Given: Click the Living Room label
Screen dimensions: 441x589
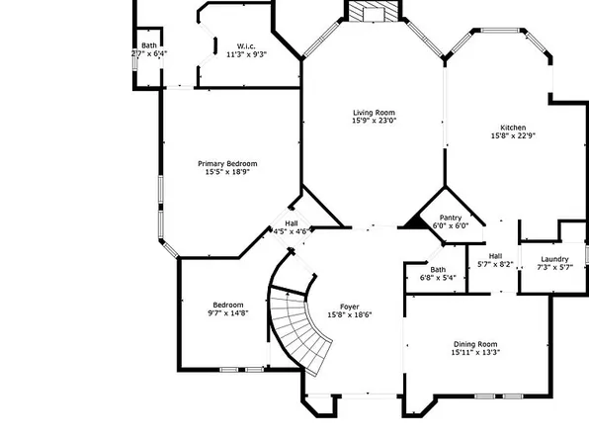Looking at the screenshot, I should pos(375,113).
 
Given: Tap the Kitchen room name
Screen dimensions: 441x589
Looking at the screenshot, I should pos(512,128).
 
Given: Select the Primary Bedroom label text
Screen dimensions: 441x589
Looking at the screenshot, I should pos(227,163).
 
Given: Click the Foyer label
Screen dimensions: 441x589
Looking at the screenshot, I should pos(350,307).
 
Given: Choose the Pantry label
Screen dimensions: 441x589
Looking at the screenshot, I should pos(450,217).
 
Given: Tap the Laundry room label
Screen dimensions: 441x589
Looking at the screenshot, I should pos(554,259).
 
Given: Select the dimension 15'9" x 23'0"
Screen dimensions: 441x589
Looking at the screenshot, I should pos(375,122).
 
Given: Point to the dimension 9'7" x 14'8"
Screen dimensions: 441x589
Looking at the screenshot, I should pos(227,313).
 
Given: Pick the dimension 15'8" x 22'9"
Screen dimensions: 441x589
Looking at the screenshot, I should pos(512,136).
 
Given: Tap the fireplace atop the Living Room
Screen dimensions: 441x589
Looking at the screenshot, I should pos(375,11).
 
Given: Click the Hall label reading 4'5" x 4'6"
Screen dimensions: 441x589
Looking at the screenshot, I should pos(292,223).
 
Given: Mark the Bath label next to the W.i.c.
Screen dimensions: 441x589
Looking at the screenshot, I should pos(148,45).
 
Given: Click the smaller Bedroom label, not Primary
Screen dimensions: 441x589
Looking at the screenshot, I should pos(227,305).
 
